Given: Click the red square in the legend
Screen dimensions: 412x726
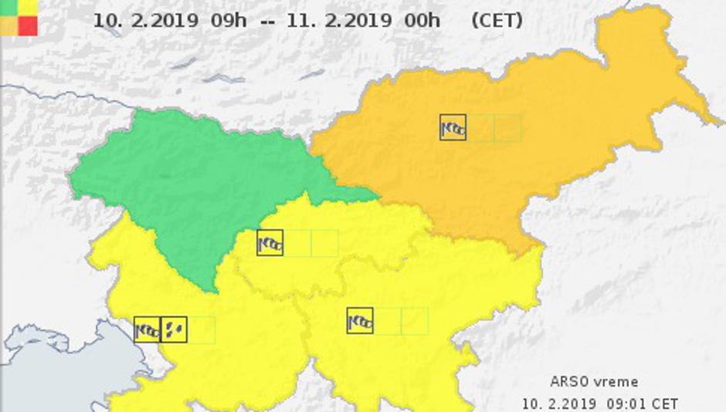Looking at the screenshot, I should click(28, 26).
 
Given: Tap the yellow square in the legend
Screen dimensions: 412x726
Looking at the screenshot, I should click(28, 7).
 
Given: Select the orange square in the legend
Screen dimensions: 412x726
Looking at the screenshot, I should click(10, 26).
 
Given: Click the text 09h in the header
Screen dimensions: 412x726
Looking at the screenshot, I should click(229, 20).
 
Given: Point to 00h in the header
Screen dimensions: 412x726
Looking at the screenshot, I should click(422, 20).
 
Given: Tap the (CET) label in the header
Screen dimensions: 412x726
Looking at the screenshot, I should click(497, 20).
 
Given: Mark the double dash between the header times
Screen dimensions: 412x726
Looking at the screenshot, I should click(267, 21).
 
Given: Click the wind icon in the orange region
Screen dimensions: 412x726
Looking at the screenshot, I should click(453, 127).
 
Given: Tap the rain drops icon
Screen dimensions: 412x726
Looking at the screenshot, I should click(174, 330).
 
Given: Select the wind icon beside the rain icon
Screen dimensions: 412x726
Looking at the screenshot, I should click(147, 330).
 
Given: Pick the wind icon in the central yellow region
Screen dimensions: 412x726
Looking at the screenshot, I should click(270, 243).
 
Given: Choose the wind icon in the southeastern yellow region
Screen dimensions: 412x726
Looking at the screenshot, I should click(360, 321).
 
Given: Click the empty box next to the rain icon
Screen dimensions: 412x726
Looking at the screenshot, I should click(201, 330).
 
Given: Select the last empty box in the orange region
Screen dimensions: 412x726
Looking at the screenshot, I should click(507, 127).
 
